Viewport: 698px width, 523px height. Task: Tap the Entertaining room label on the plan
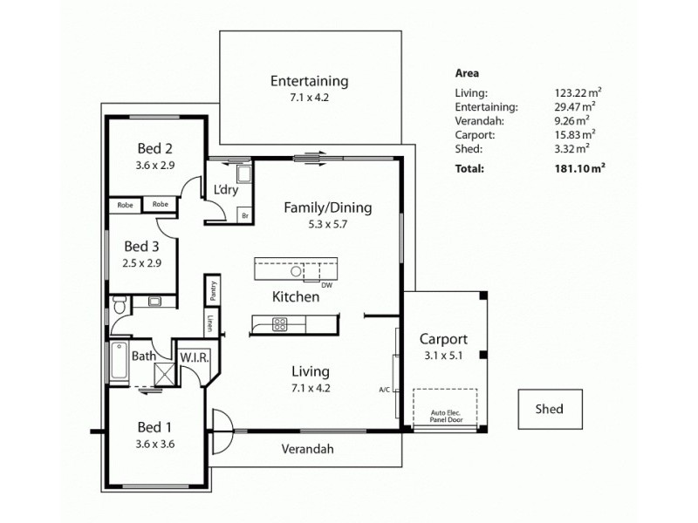[309, 81]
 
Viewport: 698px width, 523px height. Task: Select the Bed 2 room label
[154, 146]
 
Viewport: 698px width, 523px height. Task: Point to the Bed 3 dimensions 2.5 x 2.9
[142, 261]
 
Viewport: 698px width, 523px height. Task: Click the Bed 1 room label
[154, 427]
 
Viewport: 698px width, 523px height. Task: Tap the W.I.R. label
[193, 357]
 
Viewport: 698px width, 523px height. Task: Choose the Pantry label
[211, 288]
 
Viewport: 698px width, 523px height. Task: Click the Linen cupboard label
[210, 323]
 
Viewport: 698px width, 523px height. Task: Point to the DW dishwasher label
[326, 285]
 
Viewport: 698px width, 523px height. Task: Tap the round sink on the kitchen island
[297, 270]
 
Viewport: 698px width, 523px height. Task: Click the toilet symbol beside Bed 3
[120, 304]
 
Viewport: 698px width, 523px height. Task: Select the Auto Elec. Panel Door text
[446, 417]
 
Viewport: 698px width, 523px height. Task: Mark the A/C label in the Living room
[385, 389]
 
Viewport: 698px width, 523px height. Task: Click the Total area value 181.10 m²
[580, 168]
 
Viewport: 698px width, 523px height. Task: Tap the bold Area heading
[467, 74]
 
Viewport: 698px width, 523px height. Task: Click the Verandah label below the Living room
[307, 450]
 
